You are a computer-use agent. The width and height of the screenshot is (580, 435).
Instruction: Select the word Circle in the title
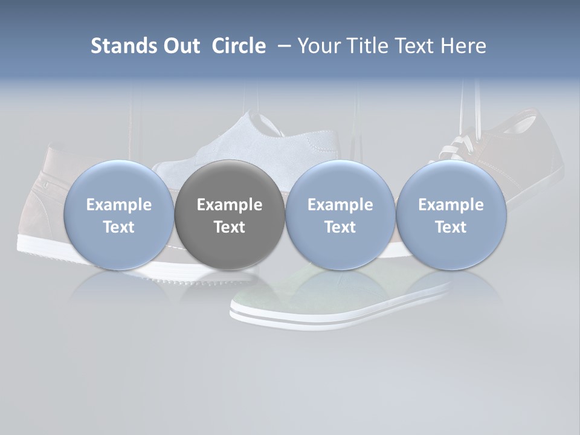239,46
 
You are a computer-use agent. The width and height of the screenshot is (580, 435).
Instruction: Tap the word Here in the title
462,46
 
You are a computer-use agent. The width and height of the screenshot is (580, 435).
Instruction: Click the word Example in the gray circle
230,205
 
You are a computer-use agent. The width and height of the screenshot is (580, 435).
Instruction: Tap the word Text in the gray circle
230,227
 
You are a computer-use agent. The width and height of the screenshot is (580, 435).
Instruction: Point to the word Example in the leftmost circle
118,205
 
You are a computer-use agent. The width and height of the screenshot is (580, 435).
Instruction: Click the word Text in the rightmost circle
451,227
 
